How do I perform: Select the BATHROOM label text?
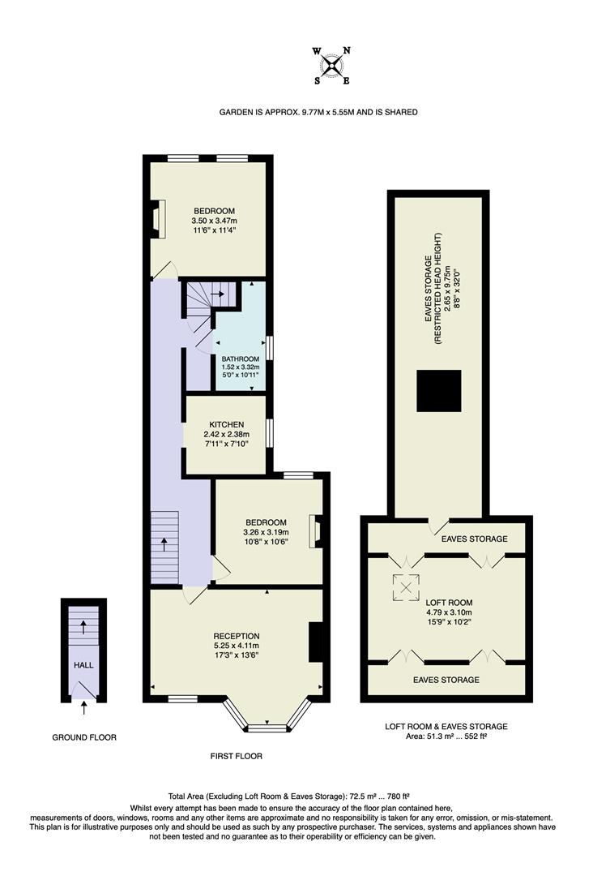(241, 359)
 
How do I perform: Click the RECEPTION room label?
(237, 636)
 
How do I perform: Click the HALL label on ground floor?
(83, 665)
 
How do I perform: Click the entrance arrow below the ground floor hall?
(84, 709)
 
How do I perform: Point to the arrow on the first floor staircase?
(164, 543)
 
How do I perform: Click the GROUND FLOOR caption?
(84, 738)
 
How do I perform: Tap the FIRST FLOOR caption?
(235, 756)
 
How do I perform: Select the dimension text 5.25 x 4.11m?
(237, 646)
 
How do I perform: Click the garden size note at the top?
(318, 112)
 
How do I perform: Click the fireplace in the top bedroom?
(158, 220)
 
